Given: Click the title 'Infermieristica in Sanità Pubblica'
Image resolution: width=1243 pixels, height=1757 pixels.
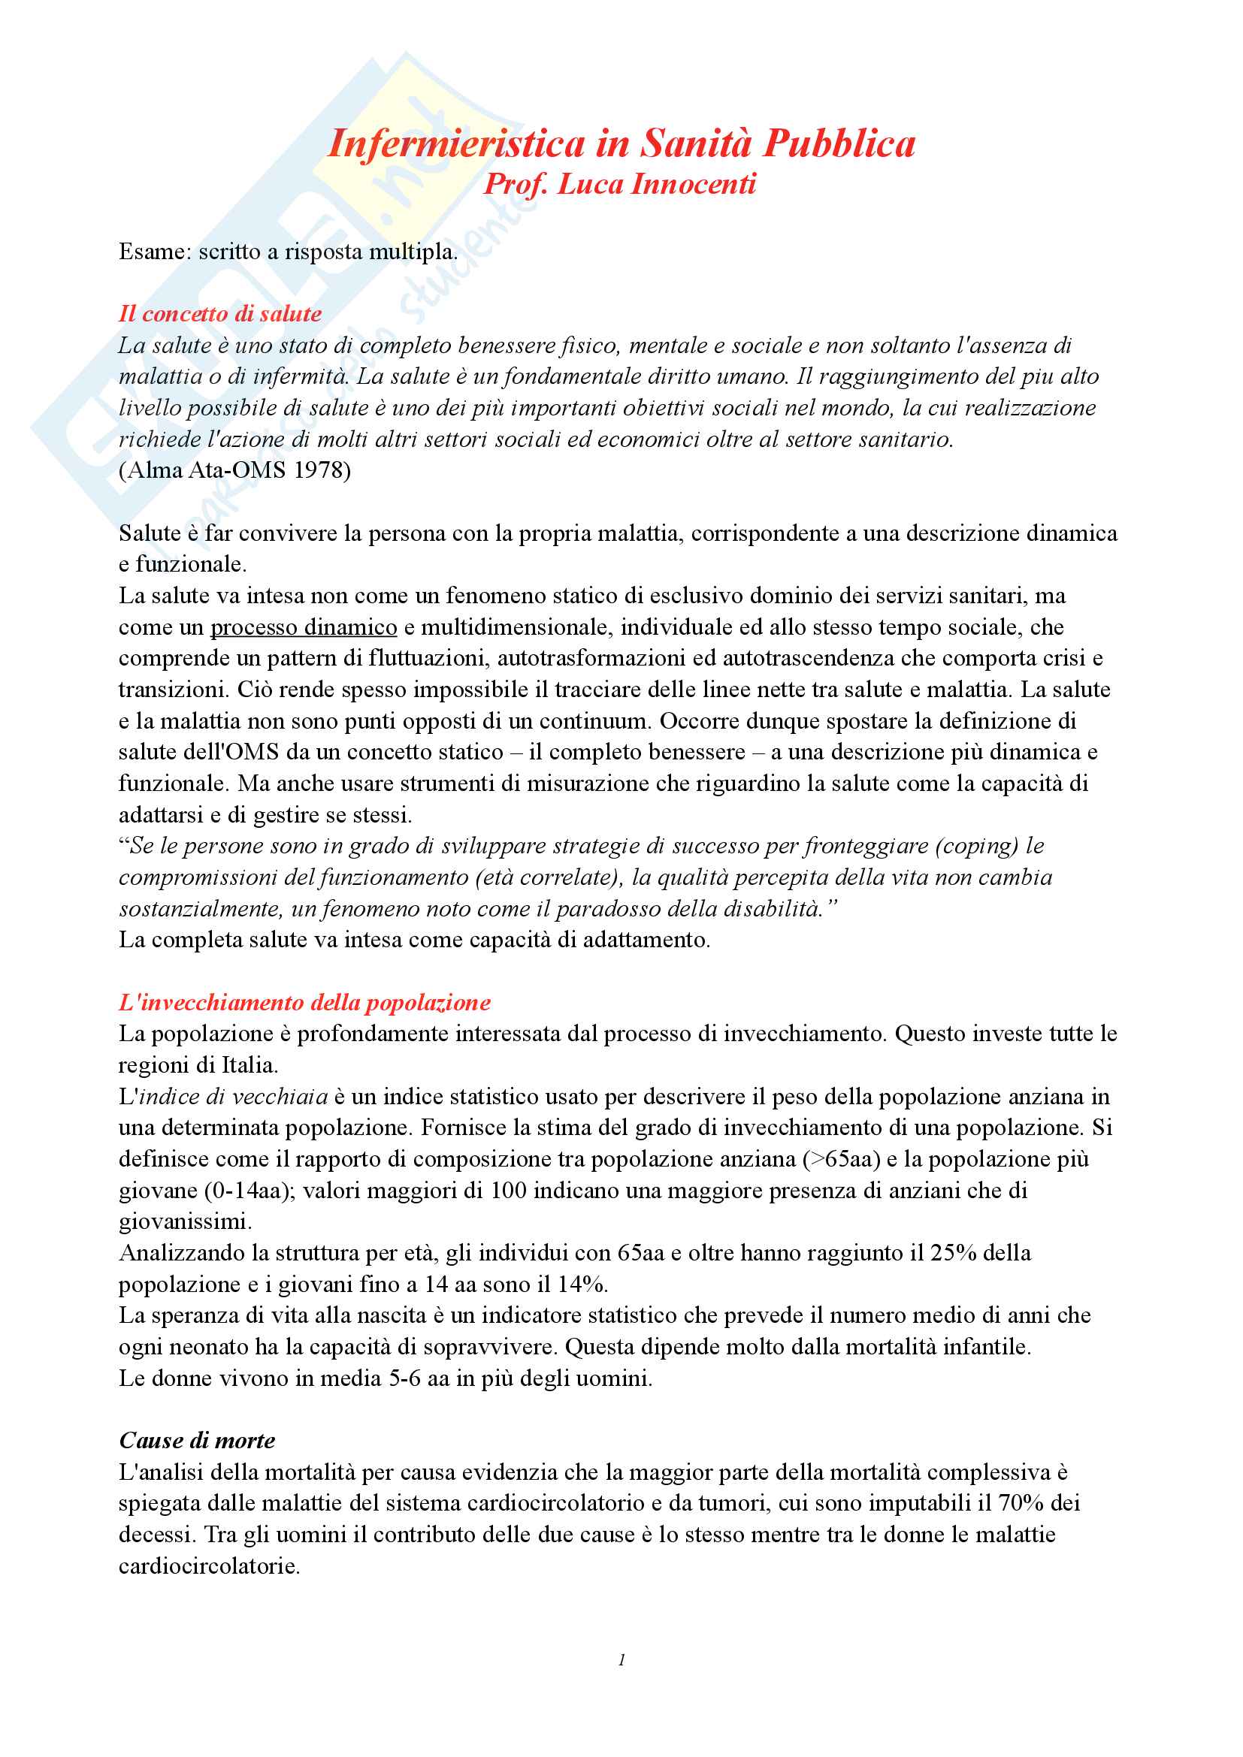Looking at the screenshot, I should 621,143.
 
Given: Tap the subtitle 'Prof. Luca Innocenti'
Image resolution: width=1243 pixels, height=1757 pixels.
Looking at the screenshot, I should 620,185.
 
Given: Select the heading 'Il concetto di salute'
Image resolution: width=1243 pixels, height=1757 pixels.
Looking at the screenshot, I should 219,314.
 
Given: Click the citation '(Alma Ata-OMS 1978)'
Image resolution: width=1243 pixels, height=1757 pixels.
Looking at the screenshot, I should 235,469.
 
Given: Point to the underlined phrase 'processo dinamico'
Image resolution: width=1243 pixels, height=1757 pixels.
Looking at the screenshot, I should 303,627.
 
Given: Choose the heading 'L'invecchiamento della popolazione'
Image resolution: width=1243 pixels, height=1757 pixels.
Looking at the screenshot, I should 304,1003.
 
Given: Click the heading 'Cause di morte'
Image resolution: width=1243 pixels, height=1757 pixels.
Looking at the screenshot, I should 197,1441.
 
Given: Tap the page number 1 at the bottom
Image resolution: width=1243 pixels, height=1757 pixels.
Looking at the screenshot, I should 621,1660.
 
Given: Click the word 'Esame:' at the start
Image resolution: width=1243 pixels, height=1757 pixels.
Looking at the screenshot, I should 156,252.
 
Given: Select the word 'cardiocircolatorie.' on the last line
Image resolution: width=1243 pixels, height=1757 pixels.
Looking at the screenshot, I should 209,1565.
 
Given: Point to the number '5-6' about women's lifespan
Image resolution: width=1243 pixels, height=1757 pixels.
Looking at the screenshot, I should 407,1378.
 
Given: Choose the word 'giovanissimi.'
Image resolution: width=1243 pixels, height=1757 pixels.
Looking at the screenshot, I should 185,1221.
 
